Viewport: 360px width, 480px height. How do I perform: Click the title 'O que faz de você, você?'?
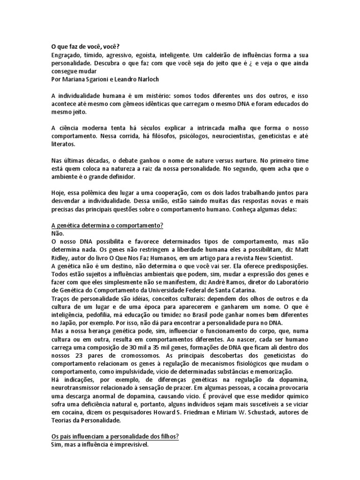(x=85, y=47)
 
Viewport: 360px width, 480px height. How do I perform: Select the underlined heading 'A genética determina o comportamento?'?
(x=107, y=225)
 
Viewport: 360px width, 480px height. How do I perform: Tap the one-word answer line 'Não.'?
(x=57, y=233)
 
